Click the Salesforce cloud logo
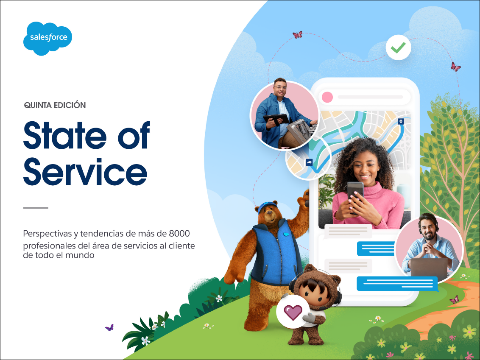tap(48, 38)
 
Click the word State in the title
tap(65, 135)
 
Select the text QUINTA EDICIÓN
tap(55, 105)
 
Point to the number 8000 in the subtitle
tap(179, 234)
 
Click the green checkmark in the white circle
tap(398, 47)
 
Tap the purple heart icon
tap(293, 312)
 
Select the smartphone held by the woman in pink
tap(355, 195)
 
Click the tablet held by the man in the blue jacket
tap(276, 119)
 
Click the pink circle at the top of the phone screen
tap(327, 97)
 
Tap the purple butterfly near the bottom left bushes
tap(109, 328)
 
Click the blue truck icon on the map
tap(309, 162)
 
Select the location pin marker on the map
tap(401, 122)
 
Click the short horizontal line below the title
tap(36, 208)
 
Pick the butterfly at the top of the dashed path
tap(297, 35)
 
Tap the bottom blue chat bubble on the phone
tap(397, 284)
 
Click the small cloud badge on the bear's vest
tap(286, 234)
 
